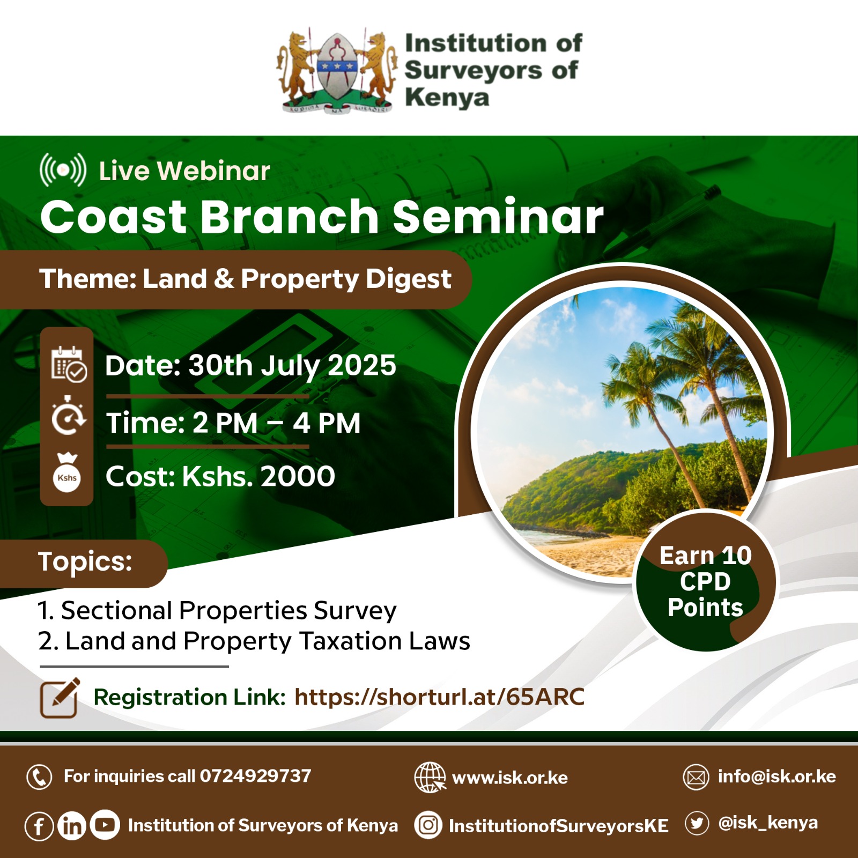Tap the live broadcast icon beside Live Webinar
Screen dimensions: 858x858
pos(63,170)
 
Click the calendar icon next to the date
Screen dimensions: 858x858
pos(69,364)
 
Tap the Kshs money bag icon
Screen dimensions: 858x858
pos(67,473)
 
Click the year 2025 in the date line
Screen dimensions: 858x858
pos(361,366)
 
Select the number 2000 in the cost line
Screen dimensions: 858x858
pos(298,476)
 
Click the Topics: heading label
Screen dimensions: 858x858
pos(85,562)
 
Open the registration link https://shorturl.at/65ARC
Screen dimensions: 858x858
pos(439,697)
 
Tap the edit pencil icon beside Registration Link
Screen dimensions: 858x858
pos(60,698)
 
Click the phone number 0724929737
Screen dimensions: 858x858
pos(255,776)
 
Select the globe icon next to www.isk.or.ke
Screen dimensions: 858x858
pos(430,777)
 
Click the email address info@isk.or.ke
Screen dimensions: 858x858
pos(777,776)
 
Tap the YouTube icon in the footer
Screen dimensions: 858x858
pos(105,825)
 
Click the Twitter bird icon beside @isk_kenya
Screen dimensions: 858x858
pos(697,823)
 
